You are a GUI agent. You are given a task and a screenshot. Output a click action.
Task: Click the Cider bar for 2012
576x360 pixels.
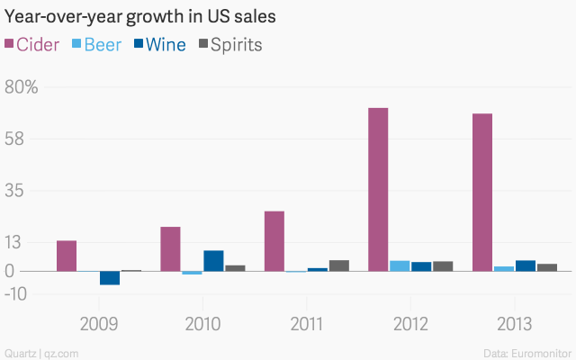click(x=378, y=189)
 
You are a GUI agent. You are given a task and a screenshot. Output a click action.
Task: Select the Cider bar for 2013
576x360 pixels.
click(x=481, y=192)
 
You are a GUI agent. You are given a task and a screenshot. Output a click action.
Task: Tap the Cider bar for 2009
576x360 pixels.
click(x=67, y=256)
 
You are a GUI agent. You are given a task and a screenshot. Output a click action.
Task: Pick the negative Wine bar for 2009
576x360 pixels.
click(x=110, y=278)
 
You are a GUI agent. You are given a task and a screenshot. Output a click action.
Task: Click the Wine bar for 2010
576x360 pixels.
click(x=213, y=260)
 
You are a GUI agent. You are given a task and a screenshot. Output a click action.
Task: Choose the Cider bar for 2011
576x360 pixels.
click(x=274, y=241)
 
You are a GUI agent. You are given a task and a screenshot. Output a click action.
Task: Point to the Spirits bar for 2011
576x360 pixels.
click(x=338, y=265)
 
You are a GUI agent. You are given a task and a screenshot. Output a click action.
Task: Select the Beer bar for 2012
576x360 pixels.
click(x=400, y=265)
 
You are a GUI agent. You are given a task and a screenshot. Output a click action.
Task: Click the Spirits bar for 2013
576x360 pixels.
click(x=546, y=267)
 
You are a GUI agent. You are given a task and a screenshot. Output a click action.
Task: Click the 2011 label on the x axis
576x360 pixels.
click(x=307, y=323)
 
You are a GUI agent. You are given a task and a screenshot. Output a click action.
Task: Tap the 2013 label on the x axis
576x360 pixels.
click(x=514, y=323)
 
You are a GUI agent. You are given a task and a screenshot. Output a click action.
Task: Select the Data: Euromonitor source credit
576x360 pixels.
click(x=525, y=352)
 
